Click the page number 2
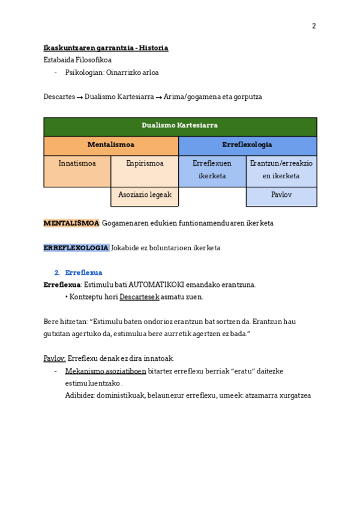313,26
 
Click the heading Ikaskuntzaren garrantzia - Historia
106,48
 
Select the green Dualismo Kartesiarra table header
180,126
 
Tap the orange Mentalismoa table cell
111,145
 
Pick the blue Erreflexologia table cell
247,145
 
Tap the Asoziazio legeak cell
145,196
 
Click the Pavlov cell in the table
281,196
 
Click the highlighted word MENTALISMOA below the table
71,223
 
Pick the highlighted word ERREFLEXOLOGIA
76,248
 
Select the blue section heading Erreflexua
83,273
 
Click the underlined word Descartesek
139,297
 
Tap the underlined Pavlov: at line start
55,359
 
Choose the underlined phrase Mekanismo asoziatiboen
106,372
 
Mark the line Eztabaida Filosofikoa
77,60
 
